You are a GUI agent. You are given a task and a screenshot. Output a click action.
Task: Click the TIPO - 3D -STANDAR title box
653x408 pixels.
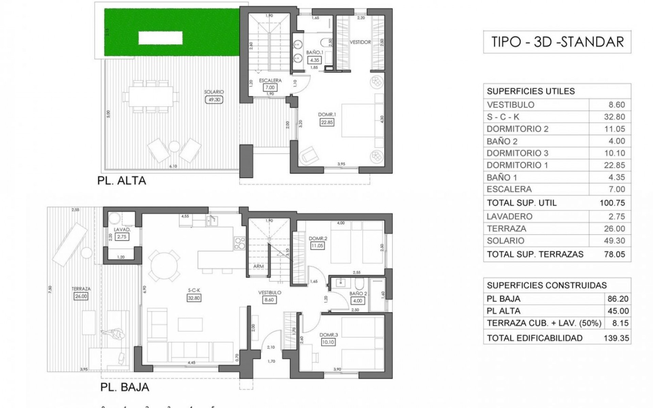(557, 42)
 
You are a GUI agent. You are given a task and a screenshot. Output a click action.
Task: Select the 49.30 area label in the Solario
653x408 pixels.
(214, 100)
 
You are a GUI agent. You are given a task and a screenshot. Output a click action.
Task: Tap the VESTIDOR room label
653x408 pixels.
(360, 42)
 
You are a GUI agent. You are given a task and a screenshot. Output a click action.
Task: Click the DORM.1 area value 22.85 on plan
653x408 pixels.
(327, 122)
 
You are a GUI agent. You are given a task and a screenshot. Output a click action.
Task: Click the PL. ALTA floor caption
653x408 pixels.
(121, 181)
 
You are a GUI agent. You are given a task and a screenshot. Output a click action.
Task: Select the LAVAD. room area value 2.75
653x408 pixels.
(121, 237)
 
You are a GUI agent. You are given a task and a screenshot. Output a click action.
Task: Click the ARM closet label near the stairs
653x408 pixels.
(258, 267)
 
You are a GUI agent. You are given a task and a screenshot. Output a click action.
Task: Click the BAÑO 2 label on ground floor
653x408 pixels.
(358, 293)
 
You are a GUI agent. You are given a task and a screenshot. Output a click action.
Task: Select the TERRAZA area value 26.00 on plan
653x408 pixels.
(81, 296)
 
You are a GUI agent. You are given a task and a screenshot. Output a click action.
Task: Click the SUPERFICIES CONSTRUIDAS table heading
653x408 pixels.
(547, 285)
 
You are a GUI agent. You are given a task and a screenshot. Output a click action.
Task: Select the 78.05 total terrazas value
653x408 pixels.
(614, 254)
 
